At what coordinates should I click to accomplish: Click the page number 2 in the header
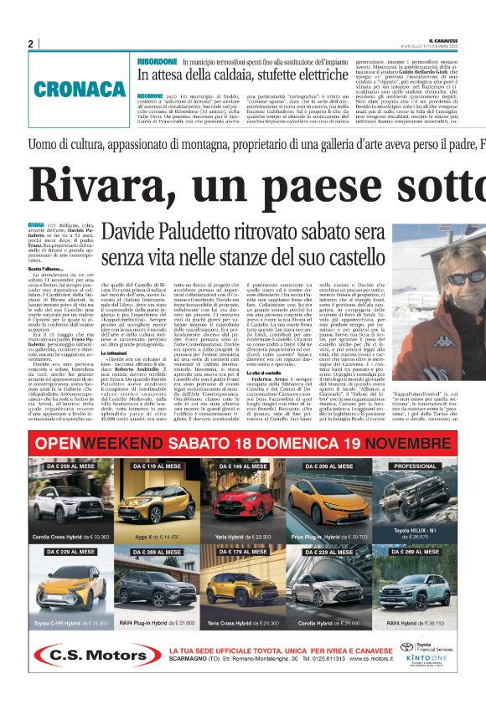coord(30,44)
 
